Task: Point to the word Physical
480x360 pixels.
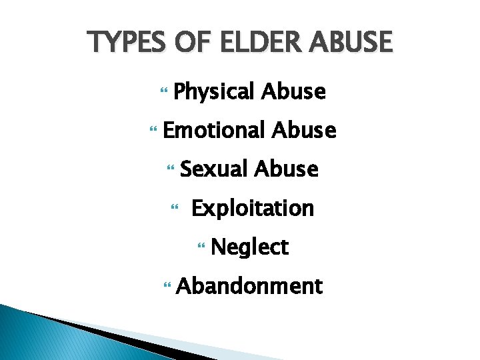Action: point(214,91)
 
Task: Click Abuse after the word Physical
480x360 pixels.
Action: point(294,91)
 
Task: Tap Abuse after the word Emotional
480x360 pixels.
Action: point(304,130)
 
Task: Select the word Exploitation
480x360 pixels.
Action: point(252,209)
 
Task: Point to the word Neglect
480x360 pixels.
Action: point(249,247)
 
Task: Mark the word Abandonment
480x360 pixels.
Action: point(249,287)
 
